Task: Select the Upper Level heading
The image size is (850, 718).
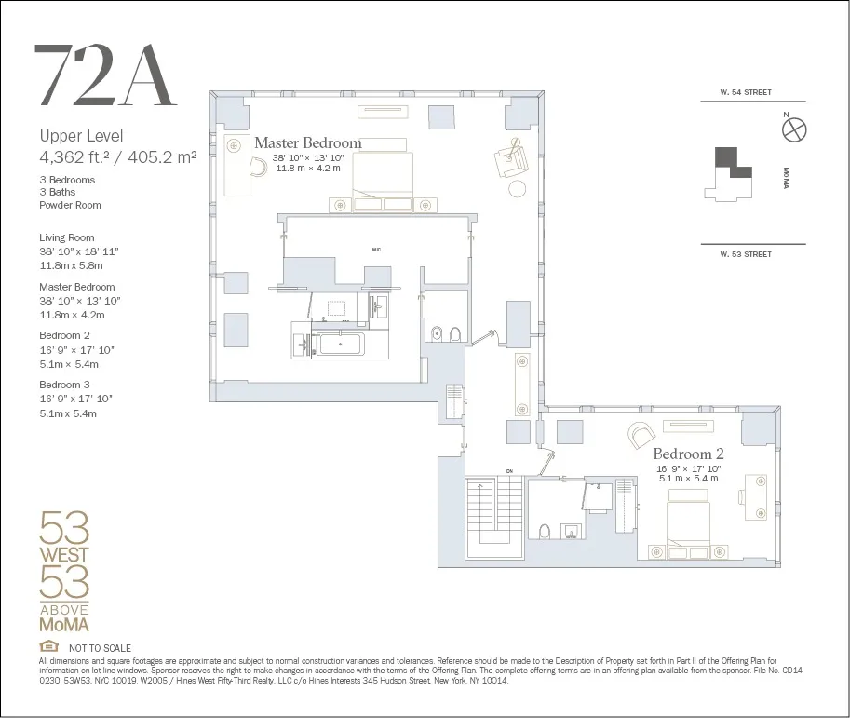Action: point(81,136)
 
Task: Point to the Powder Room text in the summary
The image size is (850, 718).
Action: point(70,205)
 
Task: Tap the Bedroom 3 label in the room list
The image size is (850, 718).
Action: point(64,385)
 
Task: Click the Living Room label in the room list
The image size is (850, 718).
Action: point(66,237)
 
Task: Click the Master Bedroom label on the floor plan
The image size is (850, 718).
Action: point(307,143)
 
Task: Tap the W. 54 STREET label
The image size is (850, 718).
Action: point(746,93)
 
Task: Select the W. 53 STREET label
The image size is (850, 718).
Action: point(746,254)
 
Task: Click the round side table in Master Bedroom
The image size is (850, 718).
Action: point(517,189)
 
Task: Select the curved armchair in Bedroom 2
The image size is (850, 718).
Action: point(641,433)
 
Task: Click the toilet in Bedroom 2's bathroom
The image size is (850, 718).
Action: point(545,531)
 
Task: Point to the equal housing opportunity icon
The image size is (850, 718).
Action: point(47,647)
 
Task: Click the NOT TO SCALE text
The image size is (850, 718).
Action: point(100,648)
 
